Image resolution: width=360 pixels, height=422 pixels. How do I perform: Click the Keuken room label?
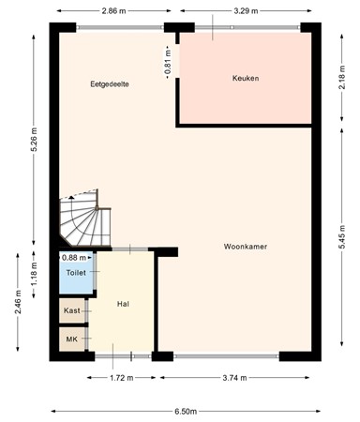[246, 78]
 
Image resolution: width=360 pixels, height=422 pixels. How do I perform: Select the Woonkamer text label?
[247, 247]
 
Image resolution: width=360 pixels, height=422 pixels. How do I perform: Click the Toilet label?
[75, 272]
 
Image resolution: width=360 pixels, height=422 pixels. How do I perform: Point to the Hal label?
[123, 305]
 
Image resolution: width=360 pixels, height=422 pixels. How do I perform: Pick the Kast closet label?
[72, 310]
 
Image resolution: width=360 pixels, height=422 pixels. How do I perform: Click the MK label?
[72, 339]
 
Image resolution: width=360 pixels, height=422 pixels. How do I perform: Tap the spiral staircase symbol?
[82, 221]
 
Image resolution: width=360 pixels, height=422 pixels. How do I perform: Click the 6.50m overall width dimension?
[186, 411]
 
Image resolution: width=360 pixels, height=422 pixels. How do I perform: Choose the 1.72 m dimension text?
[117, 378]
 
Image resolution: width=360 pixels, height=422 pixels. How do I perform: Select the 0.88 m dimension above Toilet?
[75, 257]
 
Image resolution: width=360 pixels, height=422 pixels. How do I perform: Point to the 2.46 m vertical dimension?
[18, 305]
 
